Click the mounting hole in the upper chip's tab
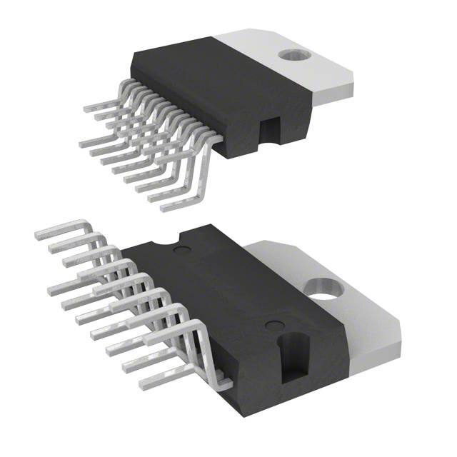[x=291, y=54]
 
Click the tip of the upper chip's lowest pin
[x=164, y=209]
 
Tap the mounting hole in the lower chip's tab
[x=326, y=288]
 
